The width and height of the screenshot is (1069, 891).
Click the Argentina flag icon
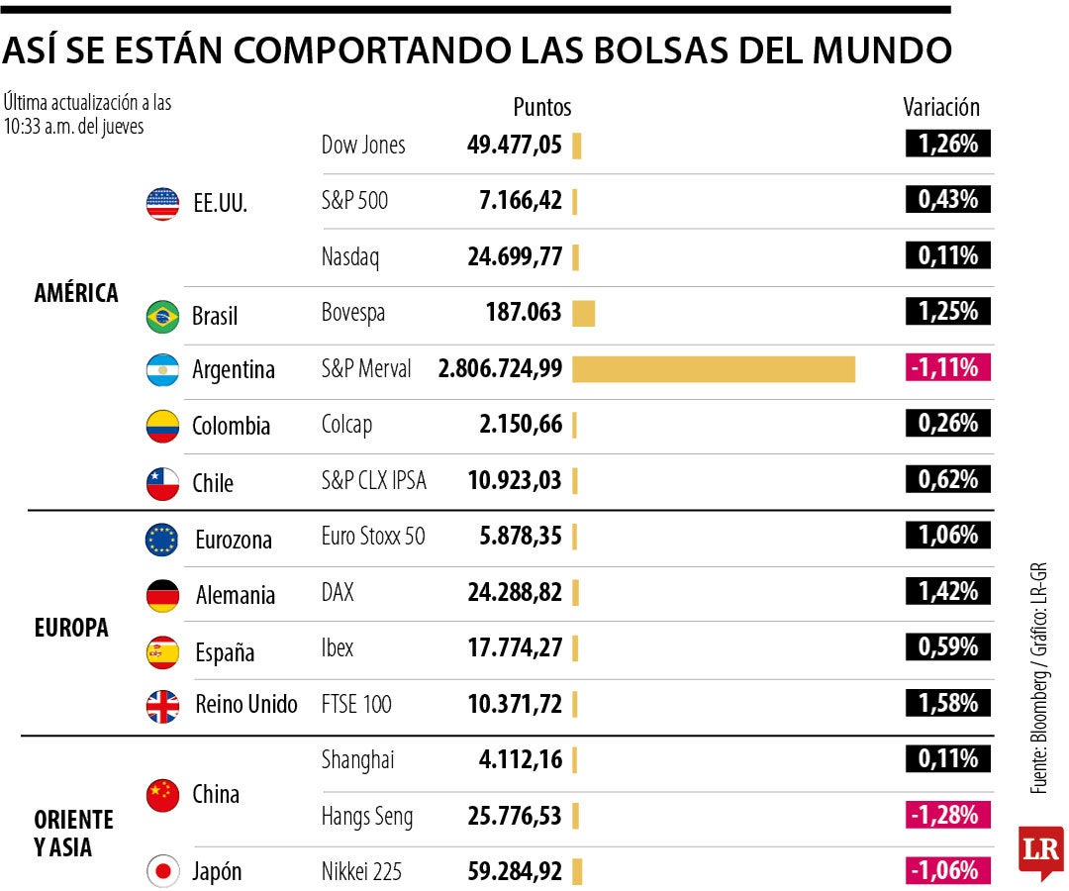pos(162,370)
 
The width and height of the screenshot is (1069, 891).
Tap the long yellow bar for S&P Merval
pos(713,369)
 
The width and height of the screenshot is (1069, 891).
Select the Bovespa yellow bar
pos(583,313)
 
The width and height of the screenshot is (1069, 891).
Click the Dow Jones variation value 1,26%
pos(947,144)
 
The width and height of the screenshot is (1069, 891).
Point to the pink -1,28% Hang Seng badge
pos(947,816)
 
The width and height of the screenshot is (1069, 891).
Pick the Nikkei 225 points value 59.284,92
pos(514,872)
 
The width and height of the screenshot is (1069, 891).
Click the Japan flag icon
pos(162,872)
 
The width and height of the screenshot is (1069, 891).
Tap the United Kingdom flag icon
pos(162,706)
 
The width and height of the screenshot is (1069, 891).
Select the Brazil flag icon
pos(162,317)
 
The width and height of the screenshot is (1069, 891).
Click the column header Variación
pos(941,107)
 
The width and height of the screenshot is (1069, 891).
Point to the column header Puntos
pos(541,107)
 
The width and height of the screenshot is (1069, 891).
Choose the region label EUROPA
pos(71,628)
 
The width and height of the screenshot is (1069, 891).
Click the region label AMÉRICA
pos(76,293)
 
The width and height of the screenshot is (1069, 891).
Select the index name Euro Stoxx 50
pos(373,536)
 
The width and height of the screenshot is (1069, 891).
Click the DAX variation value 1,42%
pos(947,591)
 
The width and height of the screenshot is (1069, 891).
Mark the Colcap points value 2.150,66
pos(514,425)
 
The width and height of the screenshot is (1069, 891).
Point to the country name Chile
pos(213,483)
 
